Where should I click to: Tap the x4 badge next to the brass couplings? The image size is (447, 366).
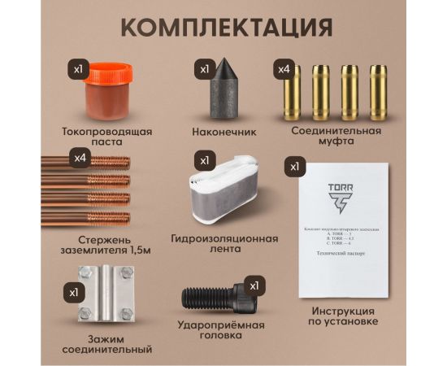[284, 69]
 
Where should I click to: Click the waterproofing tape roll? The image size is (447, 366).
[227, 194]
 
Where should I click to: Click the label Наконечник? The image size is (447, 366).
[224, 130]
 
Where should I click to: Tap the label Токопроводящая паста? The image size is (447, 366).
[106, 136]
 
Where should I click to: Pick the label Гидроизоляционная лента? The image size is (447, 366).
[224, 245]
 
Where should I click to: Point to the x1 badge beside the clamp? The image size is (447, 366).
[74, 290]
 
